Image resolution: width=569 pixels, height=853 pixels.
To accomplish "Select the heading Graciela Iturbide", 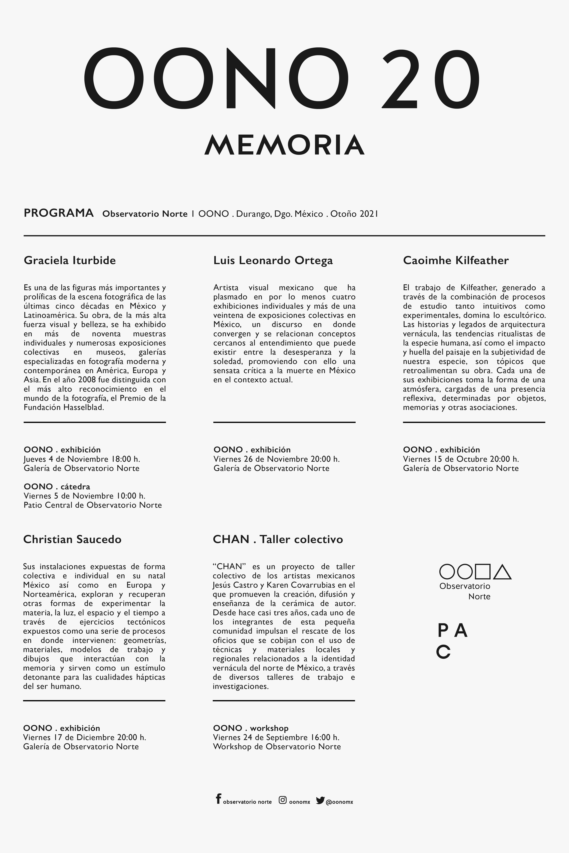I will pyautogui.click(x=70, y=260).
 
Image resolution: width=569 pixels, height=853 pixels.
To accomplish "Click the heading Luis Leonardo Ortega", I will pyautogui.click(x=273, y=260).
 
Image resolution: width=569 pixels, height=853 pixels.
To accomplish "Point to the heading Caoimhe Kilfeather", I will pyautogui.click(x=456, y=260).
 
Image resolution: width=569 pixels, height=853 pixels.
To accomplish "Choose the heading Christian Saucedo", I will pyautogui.click(x=72, y=539).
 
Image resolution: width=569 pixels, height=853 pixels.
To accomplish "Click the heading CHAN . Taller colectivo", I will pyautogui.click(x=278, y=539).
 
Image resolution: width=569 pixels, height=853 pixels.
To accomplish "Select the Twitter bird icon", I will pyautogui.click(x=320, y=800).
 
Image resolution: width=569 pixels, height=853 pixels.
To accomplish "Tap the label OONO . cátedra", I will pyautogui.click(x=57, y=486).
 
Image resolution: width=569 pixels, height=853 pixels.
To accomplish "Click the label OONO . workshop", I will pyautogui.click(x=251, y=728).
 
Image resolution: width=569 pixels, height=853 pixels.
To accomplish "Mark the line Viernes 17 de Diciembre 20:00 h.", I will pyautogui.click(x=85, y=737).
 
